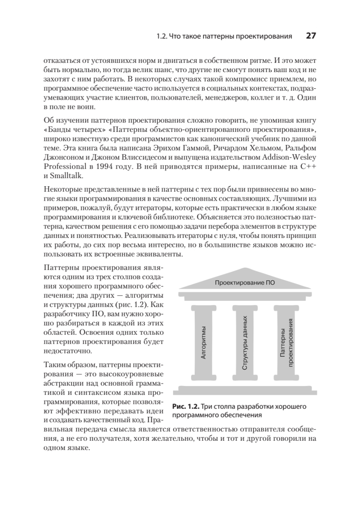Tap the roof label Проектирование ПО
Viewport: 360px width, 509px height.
pyautogui.click(x=245, y=283)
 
